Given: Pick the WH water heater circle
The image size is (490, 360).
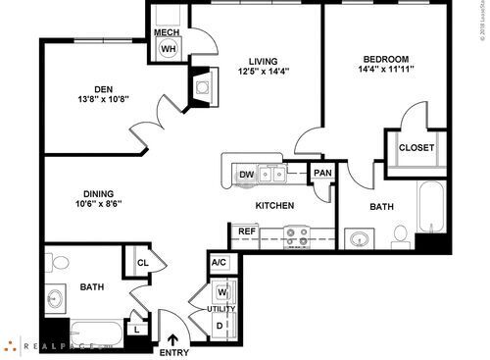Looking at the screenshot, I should click(x=169, y=49).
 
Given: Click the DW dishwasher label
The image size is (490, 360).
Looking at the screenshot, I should click(x=247, y=176).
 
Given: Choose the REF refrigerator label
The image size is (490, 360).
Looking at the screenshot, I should click(x=245, y=232).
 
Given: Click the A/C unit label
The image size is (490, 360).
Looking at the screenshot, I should click(x=219, y=263).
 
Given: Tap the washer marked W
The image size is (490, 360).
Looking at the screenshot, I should click(x=221, y=291).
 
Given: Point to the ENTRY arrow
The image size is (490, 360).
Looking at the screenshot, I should click(x=173, y=340).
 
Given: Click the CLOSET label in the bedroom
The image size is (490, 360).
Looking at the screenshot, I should click(x=416, y=148).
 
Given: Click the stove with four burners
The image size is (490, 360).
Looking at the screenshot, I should click(x=297, y=236).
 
